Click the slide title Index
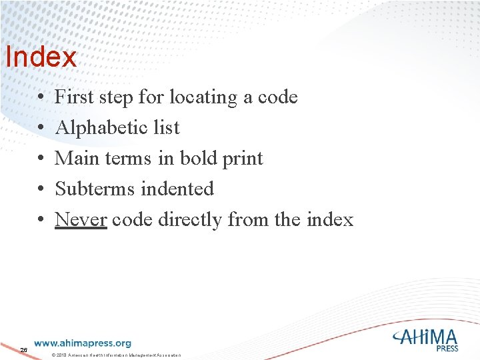(41, 57)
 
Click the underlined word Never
(81, 219)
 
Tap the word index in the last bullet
(330, 219)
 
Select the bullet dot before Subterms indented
(41, 190)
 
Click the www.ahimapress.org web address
(83, 343)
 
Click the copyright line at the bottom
(116, 355)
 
